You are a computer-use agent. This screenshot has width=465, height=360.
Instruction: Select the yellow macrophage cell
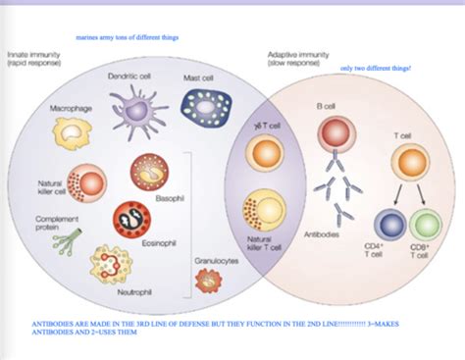73,132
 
